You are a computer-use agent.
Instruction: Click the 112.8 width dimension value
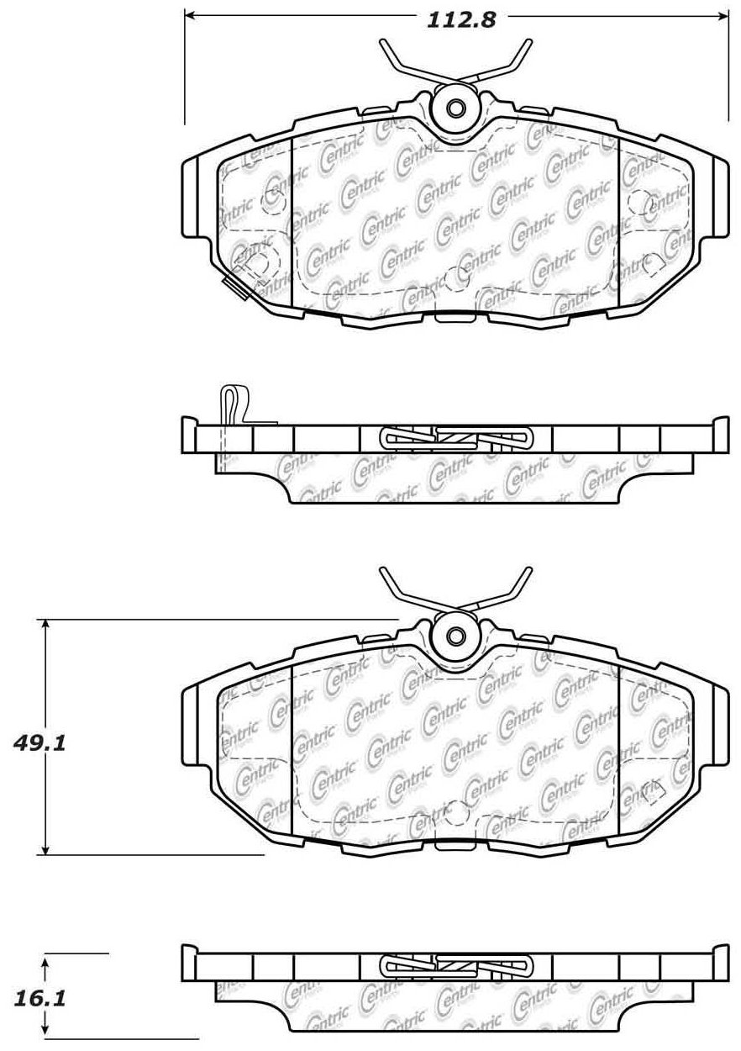[x=460, y=21]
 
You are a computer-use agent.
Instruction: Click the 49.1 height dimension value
[x=39, y=743]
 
